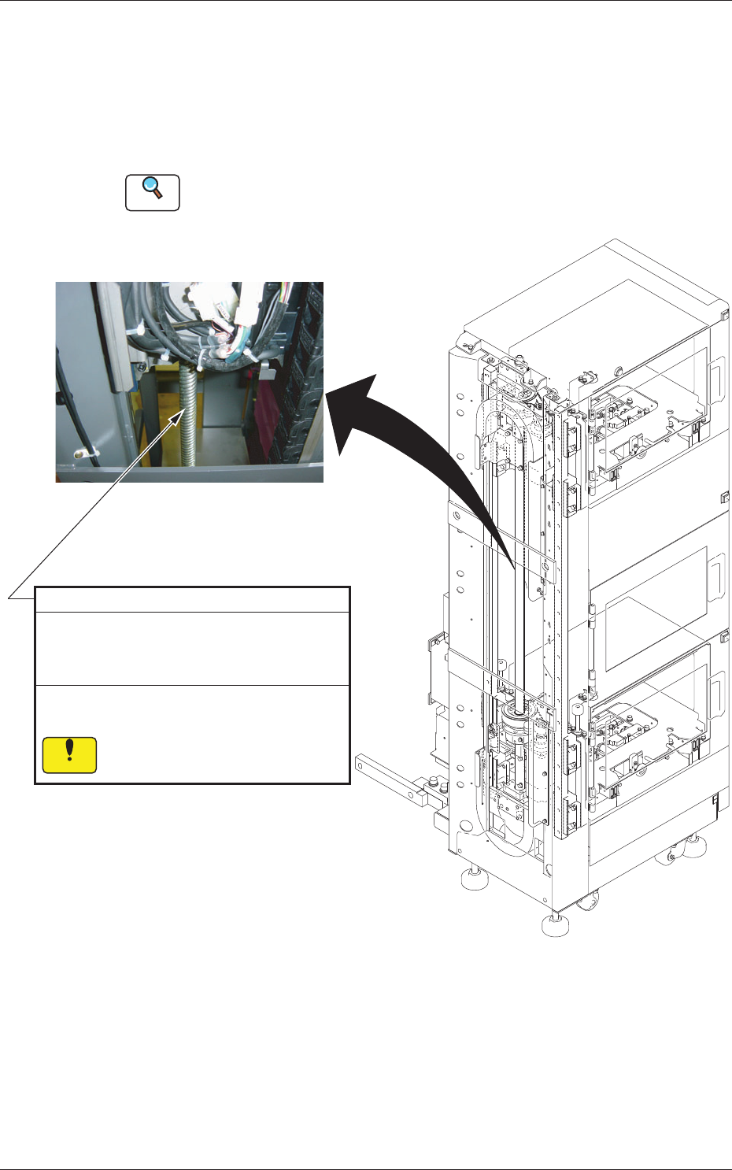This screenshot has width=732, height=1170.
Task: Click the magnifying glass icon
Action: point(153,191)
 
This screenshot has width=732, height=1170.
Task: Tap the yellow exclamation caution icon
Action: point(70,754)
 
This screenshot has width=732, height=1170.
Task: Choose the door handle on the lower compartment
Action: point(716,691)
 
